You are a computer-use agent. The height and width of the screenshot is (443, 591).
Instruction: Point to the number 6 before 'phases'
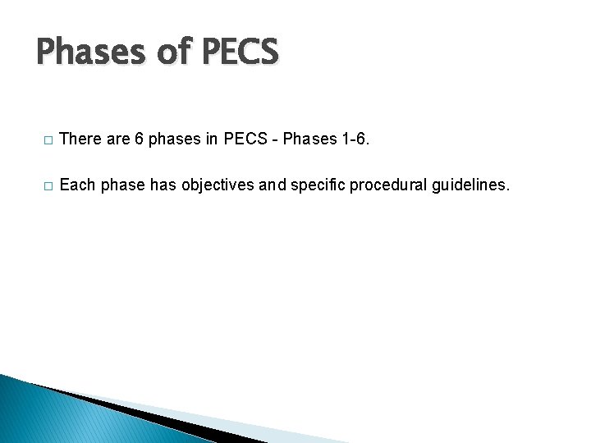[139, 139]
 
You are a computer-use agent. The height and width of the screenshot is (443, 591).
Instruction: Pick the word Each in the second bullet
[78, 185]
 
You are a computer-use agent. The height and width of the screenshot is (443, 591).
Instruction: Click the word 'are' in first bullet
[117, 139]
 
